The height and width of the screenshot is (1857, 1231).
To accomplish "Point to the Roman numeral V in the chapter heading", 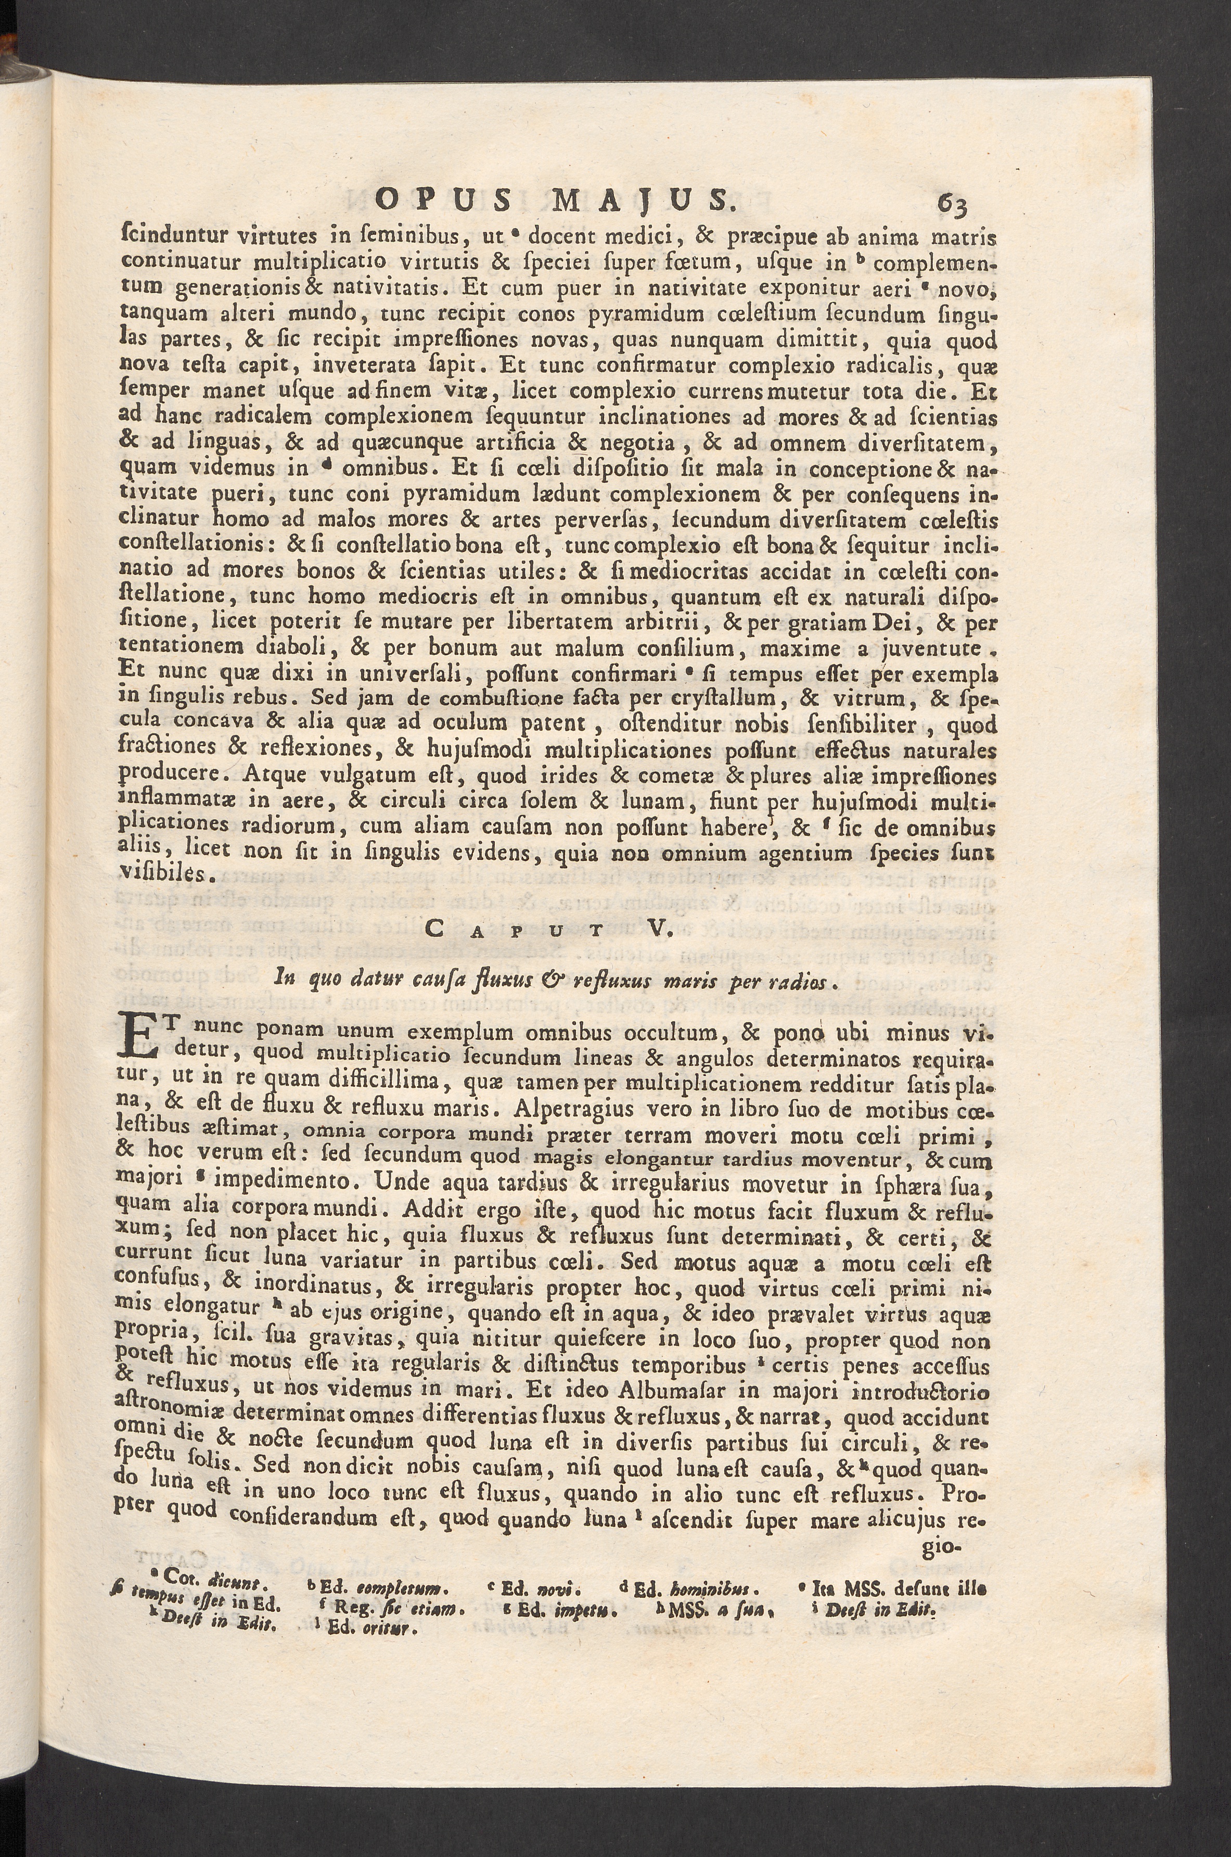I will (x=656, y=931).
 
